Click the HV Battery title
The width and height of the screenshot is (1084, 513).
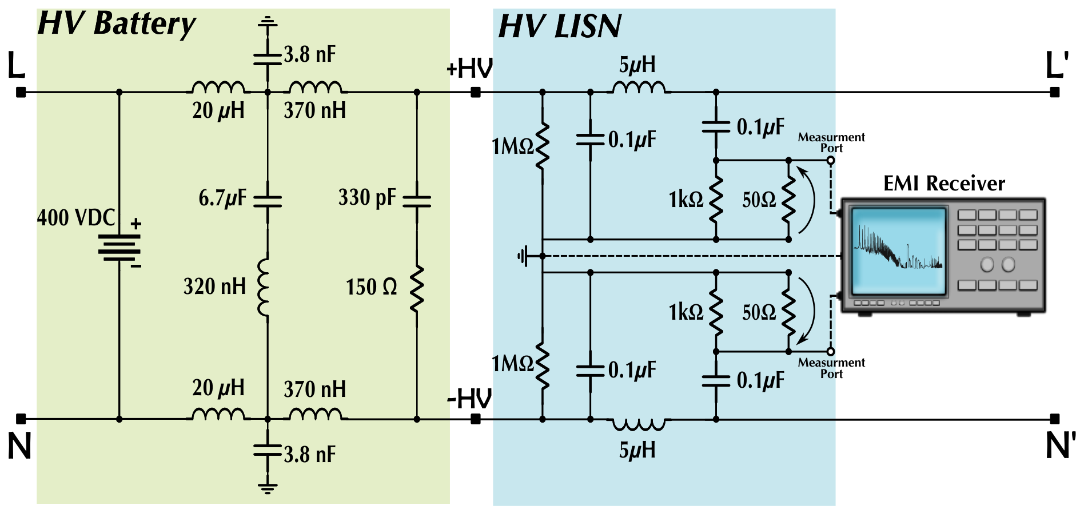117,25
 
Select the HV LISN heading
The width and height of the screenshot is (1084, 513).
560,26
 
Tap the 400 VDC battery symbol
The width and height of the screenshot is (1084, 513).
119,248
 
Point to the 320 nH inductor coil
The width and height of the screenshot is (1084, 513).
264,287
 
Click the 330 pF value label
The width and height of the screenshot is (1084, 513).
367,197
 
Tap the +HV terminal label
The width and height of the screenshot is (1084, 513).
469,69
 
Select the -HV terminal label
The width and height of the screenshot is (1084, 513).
469,399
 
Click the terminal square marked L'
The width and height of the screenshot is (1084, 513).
1055,92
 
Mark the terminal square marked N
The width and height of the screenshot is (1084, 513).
21,419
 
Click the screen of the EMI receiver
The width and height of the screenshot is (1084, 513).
899,249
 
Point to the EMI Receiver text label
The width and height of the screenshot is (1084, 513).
944,184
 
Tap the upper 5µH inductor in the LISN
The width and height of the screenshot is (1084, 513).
639,87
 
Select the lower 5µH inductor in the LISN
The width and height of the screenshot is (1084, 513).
639,424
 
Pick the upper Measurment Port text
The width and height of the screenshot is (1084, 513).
831,142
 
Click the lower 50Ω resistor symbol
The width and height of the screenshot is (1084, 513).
788,312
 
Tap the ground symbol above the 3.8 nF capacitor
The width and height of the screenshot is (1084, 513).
267,23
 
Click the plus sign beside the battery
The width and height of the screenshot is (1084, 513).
136,224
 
